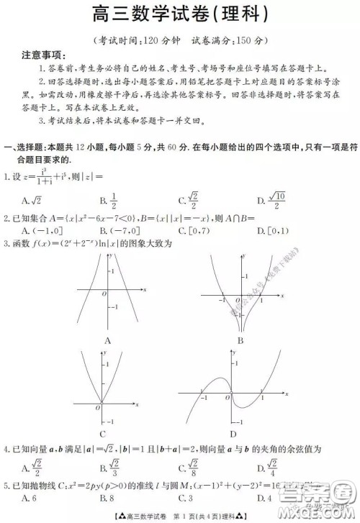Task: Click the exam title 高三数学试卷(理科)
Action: tap(179, 14)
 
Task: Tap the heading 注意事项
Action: tap(42, 55)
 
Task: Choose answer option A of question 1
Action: tap(31, 200)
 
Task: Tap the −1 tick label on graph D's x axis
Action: tap(205, 398)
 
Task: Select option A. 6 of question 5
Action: tap(29, 496)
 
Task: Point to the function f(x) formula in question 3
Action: tap(93, 243)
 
